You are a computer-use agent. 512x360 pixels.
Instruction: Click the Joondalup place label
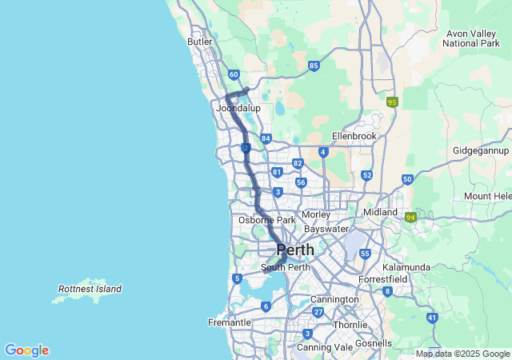coord(238,107)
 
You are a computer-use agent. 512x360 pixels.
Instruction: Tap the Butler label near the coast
coord(199,42)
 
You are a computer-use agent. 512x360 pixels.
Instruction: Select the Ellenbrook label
coord(354,136)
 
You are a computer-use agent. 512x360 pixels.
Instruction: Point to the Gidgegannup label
coord(480,150)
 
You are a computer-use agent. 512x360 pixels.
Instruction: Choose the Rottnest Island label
coord(90,289)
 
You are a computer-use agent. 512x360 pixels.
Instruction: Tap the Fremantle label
coord(230,322)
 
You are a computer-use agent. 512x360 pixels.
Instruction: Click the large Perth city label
coord(295,250)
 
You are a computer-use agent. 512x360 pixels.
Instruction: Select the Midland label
coord(380,212)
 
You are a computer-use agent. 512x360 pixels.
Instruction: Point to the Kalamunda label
coord(406,267)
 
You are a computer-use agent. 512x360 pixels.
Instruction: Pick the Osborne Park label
coord(267,220)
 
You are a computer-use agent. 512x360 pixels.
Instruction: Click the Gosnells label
coord(375,343)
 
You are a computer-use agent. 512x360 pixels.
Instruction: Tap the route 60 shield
coord(233,74)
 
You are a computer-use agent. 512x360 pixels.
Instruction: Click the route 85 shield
coord(314,66)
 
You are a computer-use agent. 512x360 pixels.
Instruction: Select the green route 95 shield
coord(392,102)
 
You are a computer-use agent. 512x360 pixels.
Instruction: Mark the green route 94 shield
coord(410,217)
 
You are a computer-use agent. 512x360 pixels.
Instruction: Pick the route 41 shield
coord(432,318)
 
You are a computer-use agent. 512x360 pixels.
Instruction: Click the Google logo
coord(26,350)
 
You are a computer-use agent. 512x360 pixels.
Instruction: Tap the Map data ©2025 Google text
coord(462,354)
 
